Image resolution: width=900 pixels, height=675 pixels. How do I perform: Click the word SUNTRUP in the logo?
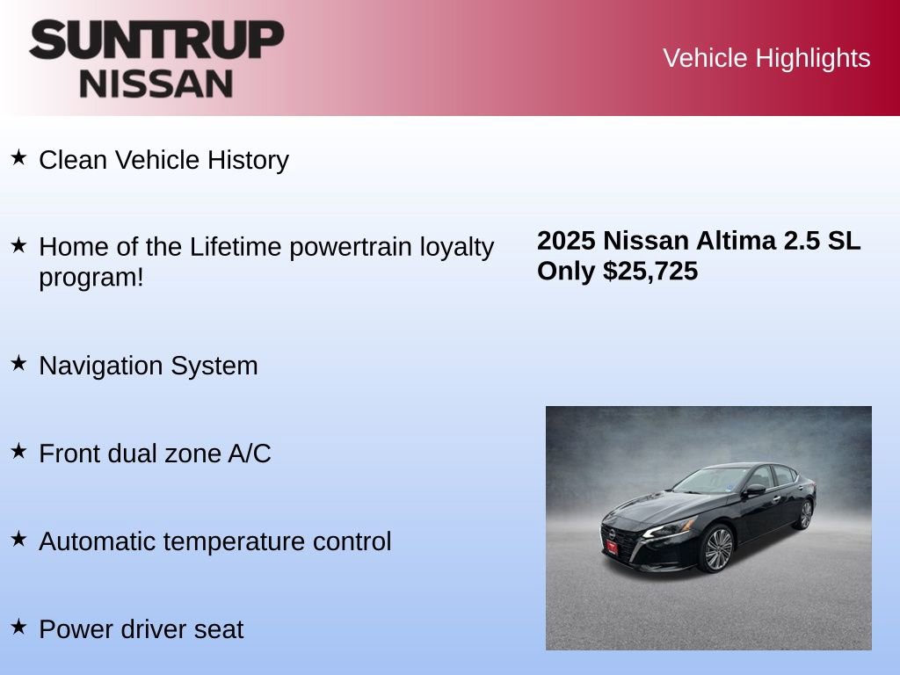tap(156, 40)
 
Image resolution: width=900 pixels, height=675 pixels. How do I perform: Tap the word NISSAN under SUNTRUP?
tap(156, 83)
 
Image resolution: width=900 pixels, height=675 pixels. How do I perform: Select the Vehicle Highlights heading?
tap(766, 58)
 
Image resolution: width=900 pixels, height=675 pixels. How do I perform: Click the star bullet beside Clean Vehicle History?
tap(18, 157)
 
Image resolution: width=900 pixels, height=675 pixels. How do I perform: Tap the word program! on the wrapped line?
tap(91, 277)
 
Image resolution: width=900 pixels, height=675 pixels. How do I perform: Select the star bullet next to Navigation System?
tap(18, 363)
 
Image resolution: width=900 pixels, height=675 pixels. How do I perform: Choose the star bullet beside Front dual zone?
tap(18, 451)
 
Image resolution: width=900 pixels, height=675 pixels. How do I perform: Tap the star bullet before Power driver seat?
tap(18, 627)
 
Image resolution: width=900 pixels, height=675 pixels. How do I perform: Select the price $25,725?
tap(650, 271)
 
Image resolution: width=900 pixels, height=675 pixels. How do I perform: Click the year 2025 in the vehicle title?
tap(566, 241)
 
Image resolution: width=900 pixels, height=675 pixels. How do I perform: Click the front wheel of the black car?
tap(718, 548)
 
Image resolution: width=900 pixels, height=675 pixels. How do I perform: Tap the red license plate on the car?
tap(611, 546)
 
